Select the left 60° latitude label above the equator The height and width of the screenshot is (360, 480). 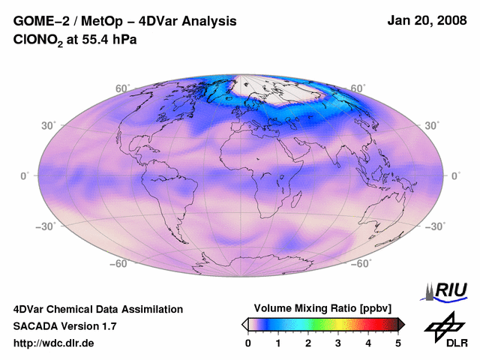click(122, 88)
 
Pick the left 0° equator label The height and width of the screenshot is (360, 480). click(25, 175)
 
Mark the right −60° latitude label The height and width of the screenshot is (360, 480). click(361, 263)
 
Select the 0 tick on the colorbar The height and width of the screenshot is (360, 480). click(248, 343)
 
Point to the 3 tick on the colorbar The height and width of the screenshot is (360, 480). click(338, 343)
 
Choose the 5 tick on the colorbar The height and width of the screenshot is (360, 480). click(398, 343)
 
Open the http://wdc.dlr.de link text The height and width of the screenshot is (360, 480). click(54, 343)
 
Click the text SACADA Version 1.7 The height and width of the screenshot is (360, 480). click(64, 326)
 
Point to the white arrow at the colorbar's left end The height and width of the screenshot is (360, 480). click(244, 323)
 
